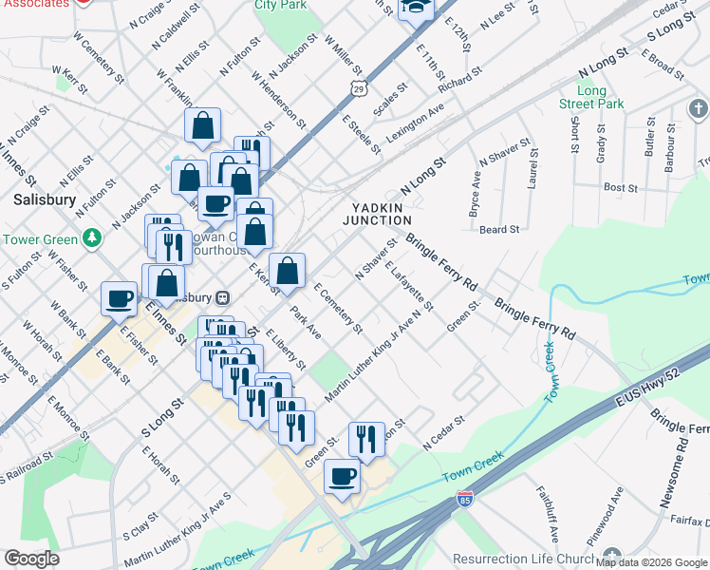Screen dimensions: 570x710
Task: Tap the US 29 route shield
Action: click(x=359, y=89)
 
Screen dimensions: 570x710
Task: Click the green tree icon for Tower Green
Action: click(x=92, y=237)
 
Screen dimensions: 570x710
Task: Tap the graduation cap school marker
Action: click(x=416, y=9)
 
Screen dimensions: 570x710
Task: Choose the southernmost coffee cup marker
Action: click(x=343, y=477)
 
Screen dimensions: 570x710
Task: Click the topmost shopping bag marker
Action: click(x=203, y=125)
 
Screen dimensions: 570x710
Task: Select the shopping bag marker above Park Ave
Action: click(x=287, y=271)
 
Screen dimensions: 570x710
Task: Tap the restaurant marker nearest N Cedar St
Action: click(x=366, y=439)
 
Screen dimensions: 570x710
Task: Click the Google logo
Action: click(x=31, y=558)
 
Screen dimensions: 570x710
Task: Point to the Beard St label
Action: click(x=499, y=229)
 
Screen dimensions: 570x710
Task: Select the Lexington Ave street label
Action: click(x=415, y=123)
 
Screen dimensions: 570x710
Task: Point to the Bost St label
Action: click(x=620, y=188)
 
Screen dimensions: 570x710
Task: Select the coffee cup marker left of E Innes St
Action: click(x=120, y=298)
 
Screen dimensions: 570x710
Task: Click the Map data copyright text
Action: click(x=649, y=561)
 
